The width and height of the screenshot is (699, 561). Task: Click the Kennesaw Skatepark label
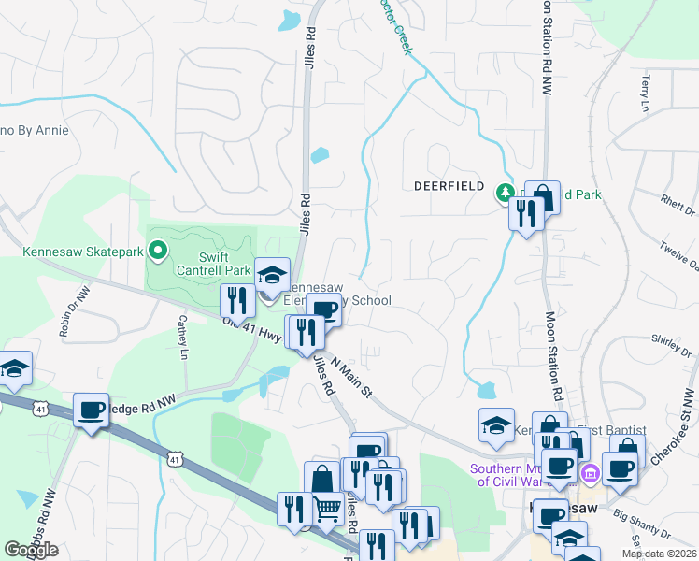[82, 251]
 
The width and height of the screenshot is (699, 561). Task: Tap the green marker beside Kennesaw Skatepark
[157, 250]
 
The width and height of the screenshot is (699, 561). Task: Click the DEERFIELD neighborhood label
[449, 186]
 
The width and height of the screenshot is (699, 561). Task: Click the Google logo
[31, 550]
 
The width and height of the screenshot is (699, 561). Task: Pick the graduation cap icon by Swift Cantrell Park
[273, 275]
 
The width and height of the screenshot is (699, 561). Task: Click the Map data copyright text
[658, 554]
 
